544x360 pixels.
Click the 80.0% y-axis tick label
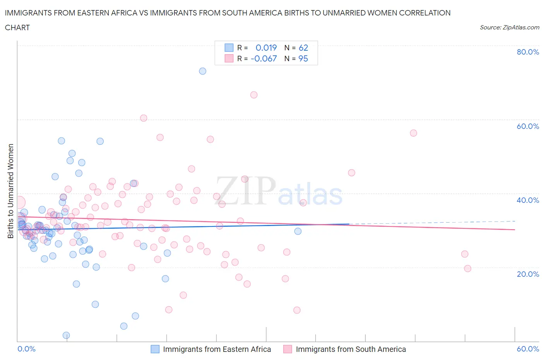[528, 52]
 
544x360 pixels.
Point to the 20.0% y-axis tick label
[528, 274]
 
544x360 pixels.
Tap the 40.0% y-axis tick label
[528, 200]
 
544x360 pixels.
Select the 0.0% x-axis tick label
[26, 349]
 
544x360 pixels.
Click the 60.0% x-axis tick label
[528, 349]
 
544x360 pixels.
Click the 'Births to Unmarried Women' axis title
[11, 191]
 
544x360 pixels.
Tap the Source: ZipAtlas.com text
[509, 27]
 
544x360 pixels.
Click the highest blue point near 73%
[202, 71]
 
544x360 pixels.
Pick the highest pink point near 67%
[254, 95]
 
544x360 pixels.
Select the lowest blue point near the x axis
[66, 335]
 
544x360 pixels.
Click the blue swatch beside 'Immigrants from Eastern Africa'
[155, 349]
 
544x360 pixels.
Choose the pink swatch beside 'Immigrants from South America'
[287, 349]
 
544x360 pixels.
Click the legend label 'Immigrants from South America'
[351, 349]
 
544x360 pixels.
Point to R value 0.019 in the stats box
[266, 48]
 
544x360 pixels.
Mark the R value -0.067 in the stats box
[264, 58]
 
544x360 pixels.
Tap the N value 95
[303, 58]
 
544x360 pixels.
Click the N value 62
[303, 48]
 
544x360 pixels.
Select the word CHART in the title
[17, 27]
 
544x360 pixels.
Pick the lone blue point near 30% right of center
[298, 231]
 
